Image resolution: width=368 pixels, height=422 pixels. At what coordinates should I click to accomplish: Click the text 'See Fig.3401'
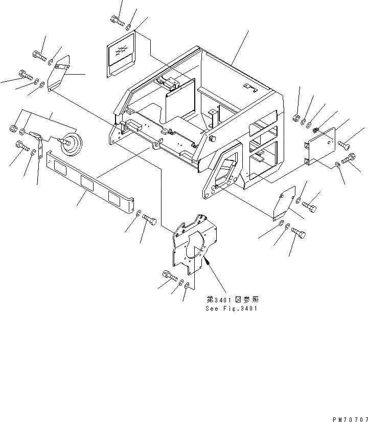(x=232, y=308)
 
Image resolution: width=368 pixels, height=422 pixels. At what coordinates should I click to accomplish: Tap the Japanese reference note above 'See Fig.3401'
(x=232, y=300)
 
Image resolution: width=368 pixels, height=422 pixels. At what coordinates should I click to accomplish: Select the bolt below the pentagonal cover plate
(x=300, y=233)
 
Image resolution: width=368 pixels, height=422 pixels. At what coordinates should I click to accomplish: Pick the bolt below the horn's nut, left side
(x=22, y=147)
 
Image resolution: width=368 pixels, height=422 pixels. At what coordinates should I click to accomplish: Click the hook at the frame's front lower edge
(x=153, y=148)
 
